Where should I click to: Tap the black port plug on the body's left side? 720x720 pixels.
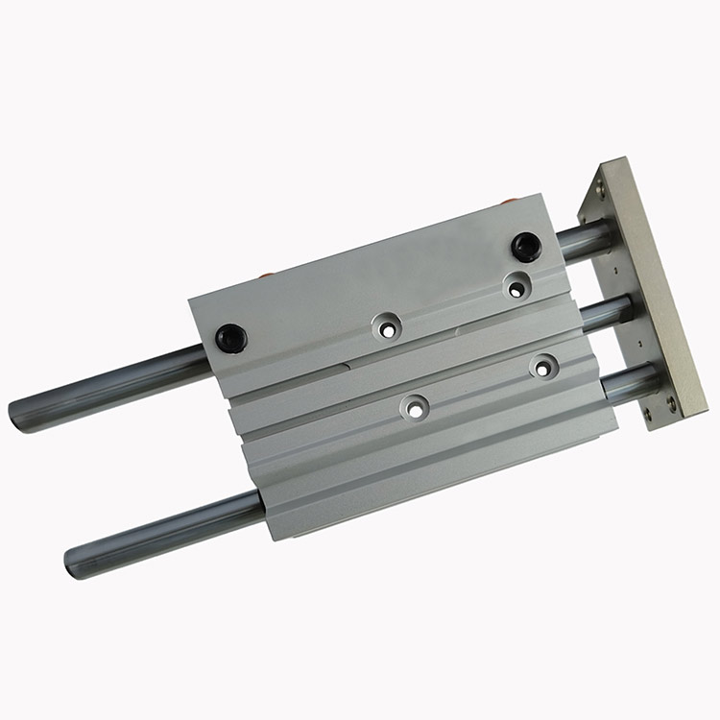(x=231, y=337)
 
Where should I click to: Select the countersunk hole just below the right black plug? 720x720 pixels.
(x=517, y=285)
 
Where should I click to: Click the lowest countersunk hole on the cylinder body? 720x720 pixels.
(x=415, y=408)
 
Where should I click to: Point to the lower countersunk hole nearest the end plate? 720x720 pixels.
(x=544, y=365)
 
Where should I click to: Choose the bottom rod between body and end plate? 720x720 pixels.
(x=628, y=382)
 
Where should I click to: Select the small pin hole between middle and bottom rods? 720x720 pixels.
(x=637, y=342)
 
